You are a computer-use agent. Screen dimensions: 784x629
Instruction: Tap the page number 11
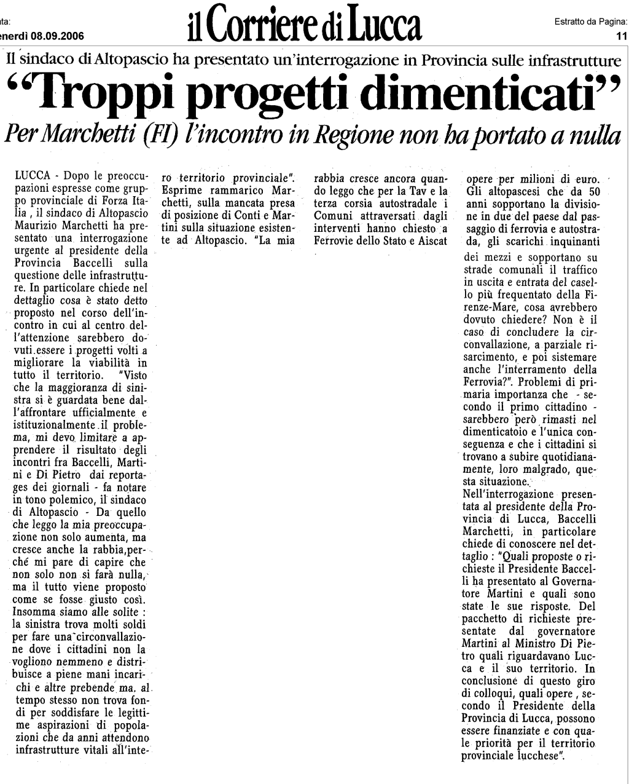click(620, 36)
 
